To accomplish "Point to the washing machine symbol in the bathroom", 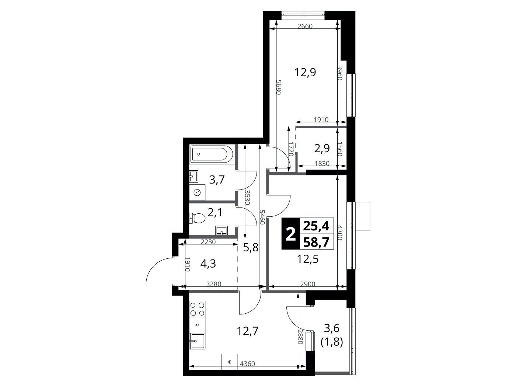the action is point(197,193).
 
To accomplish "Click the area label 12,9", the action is point(306,72).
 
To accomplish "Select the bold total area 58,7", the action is point(316,242).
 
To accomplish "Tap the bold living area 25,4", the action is point(316,226).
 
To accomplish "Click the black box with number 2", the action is point(290,234).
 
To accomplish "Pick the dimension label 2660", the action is point(305,26).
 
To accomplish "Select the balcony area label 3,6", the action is point(332,328).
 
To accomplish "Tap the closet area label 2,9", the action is point(322,148).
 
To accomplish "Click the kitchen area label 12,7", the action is point(248,331).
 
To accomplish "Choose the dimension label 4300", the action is point(340,233).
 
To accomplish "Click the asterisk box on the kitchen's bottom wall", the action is point(230,363).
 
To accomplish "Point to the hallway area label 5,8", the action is point(251,247).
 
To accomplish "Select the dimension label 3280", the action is point(214,284).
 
